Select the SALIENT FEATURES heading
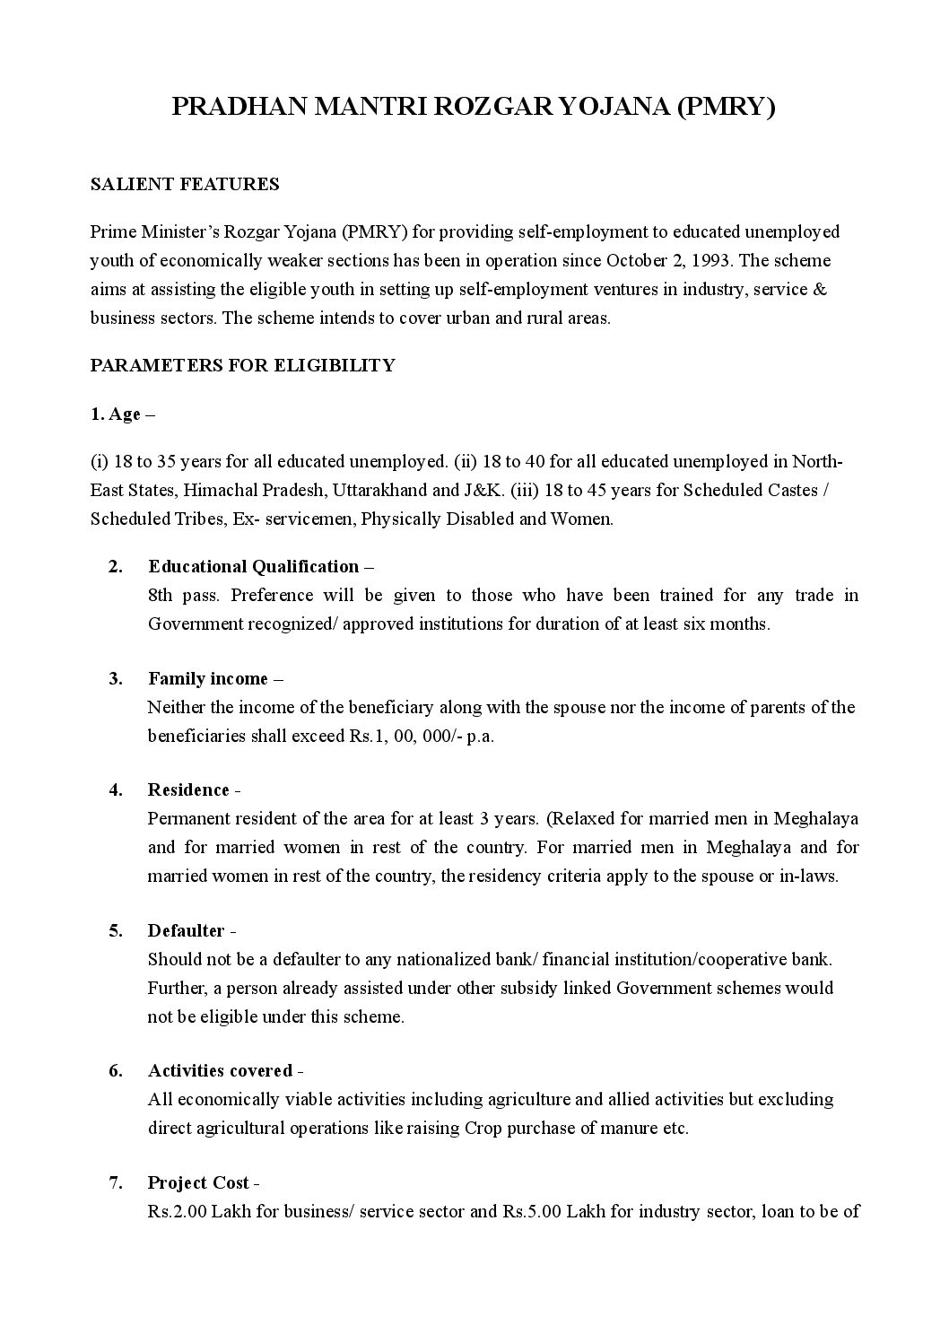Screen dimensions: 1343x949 (185, 184)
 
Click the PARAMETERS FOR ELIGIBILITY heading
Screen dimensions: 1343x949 (242, 365)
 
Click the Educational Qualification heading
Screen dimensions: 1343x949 (254, 566)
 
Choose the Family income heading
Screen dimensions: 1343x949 (208, 678)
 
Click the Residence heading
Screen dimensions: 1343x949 (188, 789)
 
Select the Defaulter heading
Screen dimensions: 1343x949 (186, 930)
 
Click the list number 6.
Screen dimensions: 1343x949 (116, 1070)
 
